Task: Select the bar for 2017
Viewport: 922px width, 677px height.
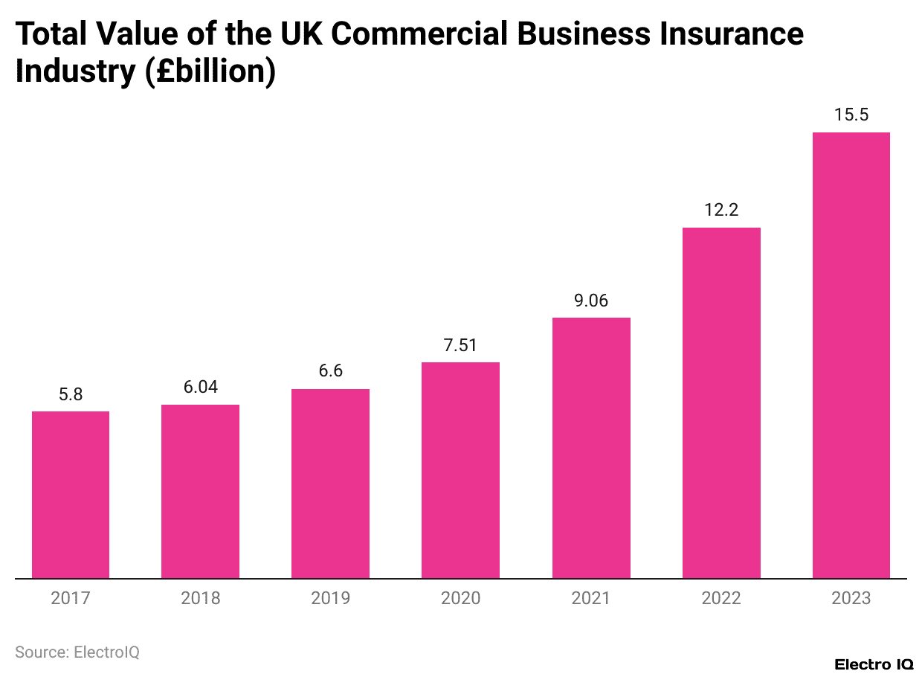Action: click(71, 495)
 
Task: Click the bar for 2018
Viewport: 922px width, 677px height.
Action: click(201, 491)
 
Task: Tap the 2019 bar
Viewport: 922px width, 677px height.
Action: click(330, 484)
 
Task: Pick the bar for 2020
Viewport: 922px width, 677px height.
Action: click(460, 470)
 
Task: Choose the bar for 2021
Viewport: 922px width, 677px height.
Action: click(591, 448)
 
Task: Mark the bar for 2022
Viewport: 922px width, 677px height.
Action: click(721, 402)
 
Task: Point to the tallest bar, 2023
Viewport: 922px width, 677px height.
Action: click(851, 355)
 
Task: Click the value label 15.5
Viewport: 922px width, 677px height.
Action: click(851, 115)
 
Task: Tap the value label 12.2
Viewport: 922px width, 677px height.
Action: click(721, 211)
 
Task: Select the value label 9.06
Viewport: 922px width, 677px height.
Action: click(591, 301)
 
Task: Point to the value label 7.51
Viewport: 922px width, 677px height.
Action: click(460, 345)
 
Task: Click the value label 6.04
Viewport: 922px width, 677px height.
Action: click(201, 388)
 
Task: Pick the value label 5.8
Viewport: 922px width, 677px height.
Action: click(71, 394)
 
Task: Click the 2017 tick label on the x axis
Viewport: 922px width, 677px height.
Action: click(71, 598)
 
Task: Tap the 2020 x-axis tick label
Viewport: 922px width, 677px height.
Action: click(460, 598)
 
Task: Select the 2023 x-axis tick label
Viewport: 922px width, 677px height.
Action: click(851, 598)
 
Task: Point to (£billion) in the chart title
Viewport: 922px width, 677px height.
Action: click(210, 71)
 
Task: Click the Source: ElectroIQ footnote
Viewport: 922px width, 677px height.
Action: click(77, 652)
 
